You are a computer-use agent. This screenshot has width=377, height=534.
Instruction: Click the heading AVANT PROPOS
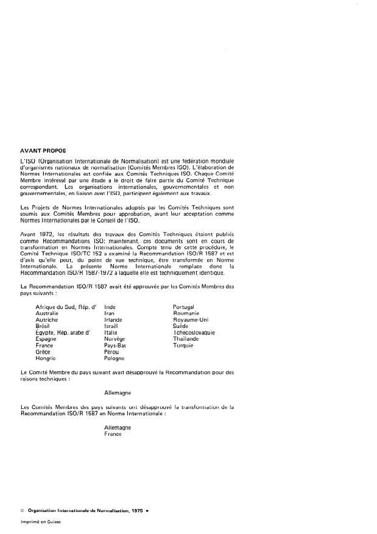[43, 149]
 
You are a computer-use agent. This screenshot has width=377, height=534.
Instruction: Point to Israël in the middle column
[113, 326]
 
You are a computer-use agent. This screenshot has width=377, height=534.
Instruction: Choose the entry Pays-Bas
[116, 346]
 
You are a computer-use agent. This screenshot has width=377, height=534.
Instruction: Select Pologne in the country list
[115, 358]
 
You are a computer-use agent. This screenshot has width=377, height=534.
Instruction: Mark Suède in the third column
[181, 326]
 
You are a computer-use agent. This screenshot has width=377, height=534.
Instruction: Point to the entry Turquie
[183, 346]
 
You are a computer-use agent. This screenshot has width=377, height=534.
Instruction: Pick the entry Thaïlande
[186, 339]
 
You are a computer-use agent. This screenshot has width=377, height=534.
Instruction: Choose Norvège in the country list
[115, 339]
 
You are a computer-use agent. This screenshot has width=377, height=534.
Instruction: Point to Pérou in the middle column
[112, 352]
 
